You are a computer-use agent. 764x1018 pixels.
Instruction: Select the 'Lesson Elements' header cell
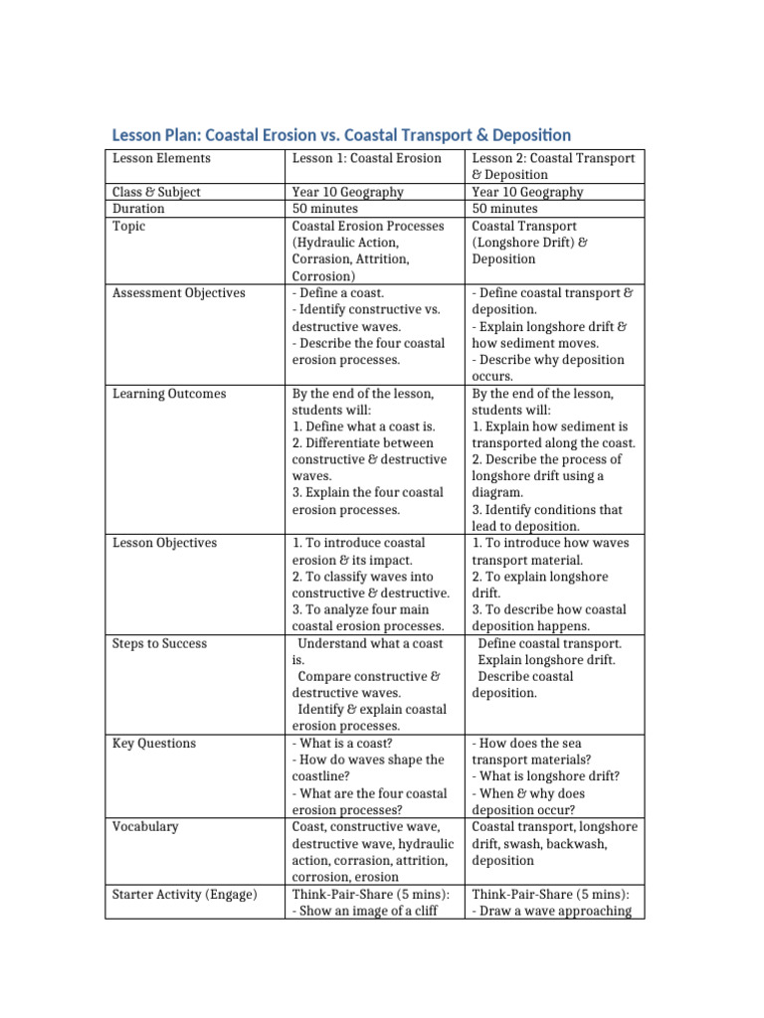(161, 158)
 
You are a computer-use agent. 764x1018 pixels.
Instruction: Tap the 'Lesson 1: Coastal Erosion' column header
(366, 158)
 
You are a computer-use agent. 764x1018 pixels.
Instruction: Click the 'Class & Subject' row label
(159, 192)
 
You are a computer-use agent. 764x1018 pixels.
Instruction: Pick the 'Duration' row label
(139, 209)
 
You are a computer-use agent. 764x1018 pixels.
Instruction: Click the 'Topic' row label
(129, 226)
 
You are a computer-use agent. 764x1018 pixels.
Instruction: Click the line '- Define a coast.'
(337, 293)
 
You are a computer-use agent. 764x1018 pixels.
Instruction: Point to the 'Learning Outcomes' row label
(169, 394)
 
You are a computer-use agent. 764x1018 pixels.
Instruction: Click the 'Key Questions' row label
(154, 744)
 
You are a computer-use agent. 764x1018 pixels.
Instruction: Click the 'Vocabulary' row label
(147, 827)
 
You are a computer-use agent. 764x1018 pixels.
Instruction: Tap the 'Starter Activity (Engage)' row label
(184, 894)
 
